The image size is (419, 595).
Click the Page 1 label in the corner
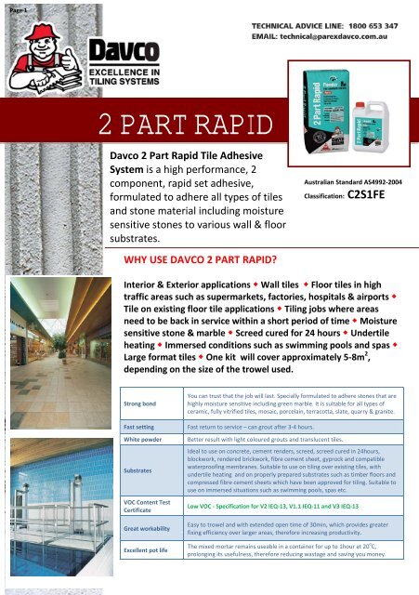[14, 5]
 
